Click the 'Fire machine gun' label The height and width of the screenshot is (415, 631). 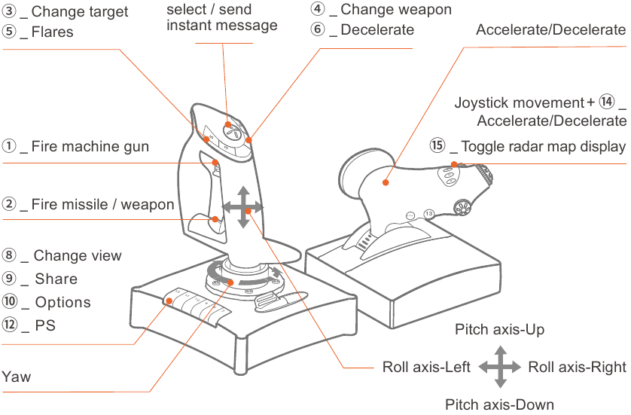tap(90, 147)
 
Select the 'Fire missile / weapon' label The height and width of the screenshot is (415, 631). tap(102, 204)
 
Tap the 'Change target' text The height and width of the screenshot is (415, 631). tap(79, 12)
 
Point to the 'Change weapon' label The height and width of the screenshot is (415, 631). tap(395, 10)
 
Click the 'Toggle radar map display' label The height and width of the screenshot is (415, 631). tap(542, 146)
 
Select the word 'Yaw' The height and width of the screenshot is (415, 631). tap(17, 376)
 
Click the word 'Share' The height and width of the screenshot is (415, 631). tap(56, 279)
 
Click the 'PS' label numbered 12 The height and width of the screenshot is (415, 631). tap(44, 326)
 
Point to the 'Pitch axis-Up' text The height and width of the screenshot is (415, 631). tap(499, 330)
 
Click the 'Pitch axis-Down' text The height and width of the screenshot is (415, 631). tap(499, 404)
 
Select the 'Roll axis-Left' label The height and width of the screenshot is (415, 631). tap(426, 368)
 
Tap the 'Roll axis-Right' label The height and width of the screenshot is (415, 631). tap(577, 368)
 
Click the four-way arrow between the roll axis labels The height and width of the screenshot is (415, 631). tap(499, 368)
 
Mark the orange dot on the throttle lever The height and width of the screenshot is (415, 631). tap(385, 182)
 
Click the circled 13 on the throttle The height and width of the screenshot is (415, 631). tap(428, 214)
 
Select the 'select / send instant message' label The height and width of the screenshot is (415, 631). tap(221, 18)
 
